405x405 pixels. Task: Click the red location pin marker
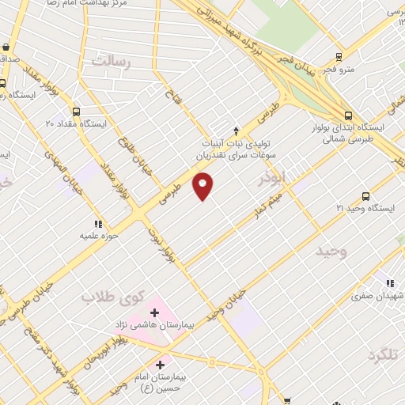[x=203, y=187]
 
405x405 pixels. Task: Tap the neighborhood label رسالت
[x=108, y=60]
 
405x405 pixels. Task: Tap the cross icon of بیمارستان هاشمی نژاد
[x=153, y=314]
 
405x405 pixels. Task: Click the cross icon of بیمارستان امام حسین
[x=160, y=365]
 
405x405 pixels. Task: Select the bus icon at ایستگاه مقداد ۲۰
[x=77, y=112]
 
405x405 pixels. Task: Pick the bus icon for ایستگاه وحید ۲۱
[x=365, y=196]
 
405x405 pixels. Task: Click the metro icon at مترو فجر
[x=339, y=56]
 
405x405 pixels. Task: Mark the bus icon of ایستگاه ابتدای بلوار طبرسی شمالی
[x=347, y=115]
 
